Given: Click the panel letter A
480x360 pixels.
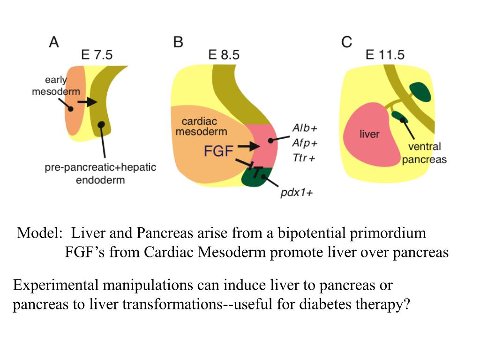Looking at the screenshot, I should click(54, 43).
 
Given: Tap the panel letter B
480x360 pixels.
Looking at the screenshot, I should click(178, 43).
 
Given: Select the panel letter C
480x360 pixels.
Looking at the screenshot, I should click(346, 43).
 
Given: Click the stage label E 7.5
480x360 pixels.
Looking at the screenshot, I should click(97, 55).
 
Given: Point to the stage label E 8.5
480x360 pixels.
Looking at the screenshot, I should click(224, 55).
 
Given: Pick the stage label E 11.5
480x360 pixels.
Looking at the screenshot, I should click(385, 55).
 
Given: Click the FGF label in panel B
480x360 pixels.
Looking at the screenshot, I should click(218, 151).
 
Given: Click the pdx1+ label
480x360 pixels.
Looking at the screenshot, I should click(296, 192).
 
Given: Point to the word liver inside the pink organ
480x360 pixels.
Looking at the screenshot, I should click(369, 134).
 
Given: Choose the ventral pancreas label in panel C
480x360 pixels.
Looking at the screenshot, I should click(425, 153).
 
